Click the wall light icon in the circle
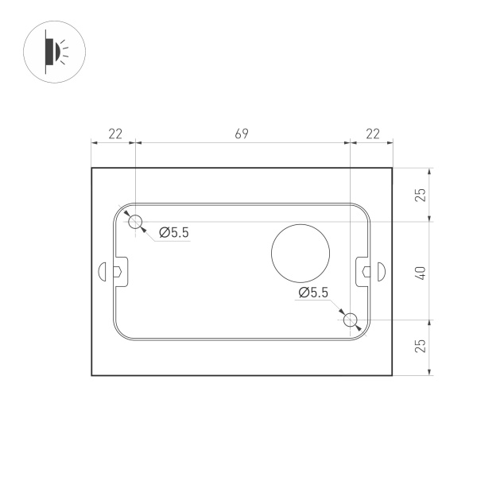coord(54,51)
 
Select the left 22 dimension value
coord(114,134)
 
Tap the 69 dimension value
coord(242,134)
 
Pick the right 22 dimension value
coord(372,134)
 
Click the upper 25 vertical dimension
coord(421,194)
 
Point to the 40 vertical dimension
coord(421,271)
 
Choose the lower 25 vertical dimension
coord(421,345)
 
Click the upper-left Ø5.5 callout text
coord(174,232)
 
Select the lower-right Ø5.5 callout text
coord(313,293)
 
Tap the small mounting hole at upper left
coord(136,221)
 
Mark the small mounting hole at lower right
coord(351,320)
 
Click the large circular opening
coord(301,254)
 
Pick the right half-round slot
coord(382,271)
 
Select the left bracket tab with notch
coord(118,271)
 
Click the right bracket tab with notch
coord(363,271)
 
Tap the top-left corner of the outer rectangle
coord(92,168)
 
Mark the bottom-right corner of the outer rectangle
coord(394,375)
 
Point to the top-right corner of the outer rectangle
coord(394,168)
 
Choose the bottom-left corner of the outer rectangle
coord(92,375)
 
